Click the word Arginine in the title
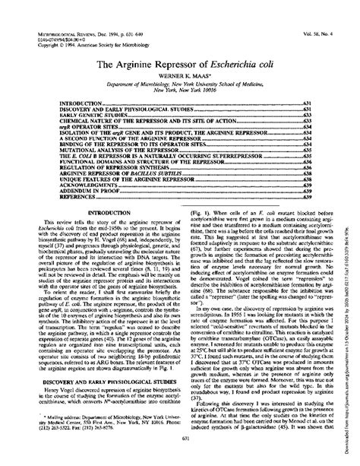[x=134, y=67]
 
